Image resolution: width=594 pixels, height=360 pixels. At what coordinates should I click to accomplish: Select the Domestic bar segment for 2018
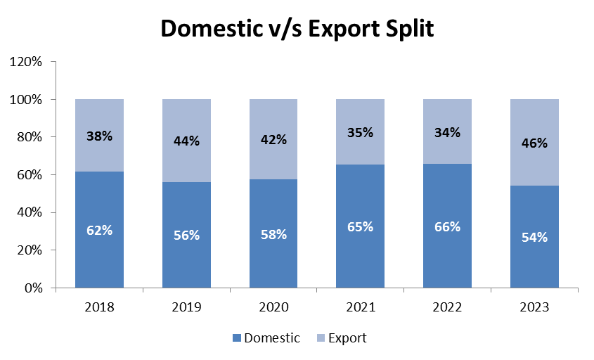(x=99, y=253)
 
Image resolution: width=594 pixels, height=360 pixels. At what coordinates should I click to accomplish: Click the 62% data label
(x=99, y=230)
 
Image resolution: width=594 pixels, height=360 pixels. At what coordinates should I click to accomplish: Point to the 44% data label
(x=186, y=141)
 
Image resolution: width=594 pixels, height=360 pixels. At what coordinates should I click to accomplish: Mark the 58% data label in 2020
(x=273, y=234)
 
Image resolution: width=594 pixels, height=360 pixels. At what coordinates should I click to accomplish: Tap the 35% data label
(x=361, y=132)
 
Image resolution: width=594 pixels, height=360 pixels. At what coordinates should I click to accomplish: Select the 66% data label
(x=447, y=226)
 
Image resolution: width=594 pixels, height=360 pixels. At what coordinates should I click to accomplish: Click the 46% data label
(x=534, y=143)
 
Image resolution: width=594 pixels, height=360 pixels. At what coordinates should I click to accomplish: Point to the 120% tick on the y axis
(x=27, y=62)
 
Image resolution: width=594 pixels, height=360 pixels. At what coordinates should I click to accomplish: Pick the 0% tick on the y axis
(x=33, y=288)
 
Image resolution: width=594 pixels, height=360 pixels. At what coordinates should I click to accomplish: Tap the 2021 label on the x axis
(x=361, y=307)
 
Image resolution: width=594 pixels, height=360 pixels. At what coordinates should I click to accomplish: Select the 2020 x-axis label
(x=273, y=307)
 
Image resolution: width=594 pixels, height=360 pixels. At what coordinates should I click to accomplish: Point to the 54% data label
(x=534, y=238)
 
